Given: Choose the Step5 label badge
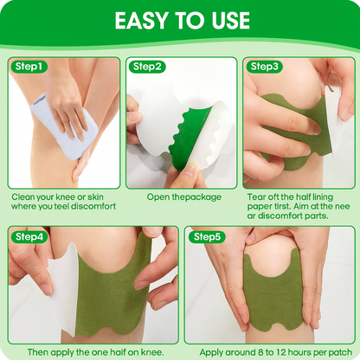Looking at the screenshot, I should [209, 236].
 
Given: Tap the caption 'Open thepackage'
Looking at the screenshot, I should [183, 197].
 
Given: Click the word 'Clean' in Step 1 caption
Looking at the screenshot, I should [25, 197].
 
